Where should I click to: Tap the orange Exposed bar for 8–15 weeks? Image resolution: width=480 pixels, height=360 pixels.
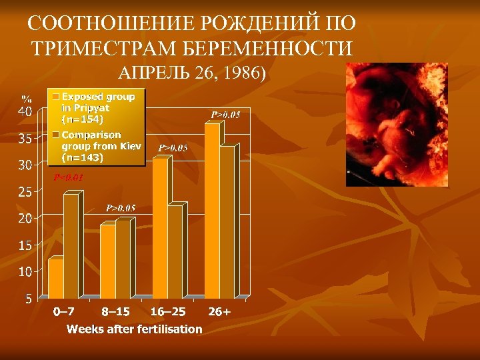pyautogui.click(x=107, y=261)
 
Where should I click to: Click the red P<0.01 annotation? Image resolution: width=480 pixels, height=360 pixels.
pyautogui.click(x=68, y=178)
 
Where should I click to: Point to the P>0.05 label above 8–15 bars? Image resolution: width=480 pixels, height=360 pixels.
pyautogui.click(x=121, y=208)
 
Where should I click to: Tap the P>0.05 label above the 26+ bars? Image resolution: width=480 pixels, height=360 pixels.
pyautogui.click(x=225, y=115)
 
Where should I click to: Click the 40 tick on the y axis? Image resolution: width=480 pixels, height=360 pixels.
pyautogui.click(x=23, y=111)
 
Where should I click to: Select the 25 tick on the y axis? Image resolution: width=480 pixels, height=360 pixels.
pyautogui.click(x=23, y=192)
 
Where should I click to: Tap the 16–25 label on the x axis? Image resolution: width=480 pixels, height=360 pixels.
pyautogui.click(x=168, y=312)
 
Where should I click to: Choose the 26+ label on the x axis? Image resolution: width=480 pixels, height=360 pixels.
pyautogui.click(x=219, y=312)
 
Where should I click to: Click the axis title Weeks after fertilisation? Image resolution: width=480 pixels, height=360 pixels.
pyautogui.click(x=134, y=329)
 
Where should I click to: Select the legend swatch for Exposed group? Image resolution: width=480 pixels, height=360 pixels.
pyautogui.click(x=56, y=97)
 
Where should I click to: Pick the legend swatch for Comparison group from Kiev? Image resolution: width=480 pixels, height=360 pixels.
pyautogui.click(x=56, y=135)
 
